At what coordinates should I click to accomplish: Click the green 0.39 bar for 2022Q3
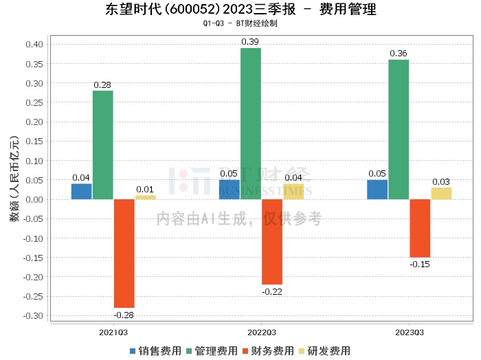click(x=251, y=124)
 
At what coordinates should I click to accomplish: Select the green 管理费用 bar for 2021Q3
click(x=103, y=145)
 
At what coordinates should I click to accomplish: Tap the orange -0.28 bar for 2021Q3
click(x=124, y=254)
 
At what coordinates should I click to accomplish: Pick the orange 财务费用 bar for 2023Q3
click(x=420, y=228)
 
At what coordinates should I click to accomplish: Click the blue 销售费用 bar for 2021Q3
click(x=82, y=192)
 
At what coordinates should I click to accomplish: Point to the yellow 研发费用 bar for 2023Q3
click(x=441, y=194)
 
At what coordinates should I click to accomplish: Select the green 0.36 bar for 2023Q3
click(x=399, y=129)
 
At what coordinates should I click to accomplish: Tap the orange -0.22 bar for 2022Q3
click(x=272, y=242)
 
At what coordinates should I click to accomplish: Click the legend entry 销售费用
click(x=155, y=351)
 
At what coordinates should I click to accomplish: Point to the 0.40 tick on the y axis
click(x=34, y=45)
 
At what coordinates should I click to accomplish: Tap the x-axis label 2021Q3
click(x=113, y=331)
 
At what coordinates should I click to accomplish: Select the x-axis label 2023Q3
click(x=409, y=331)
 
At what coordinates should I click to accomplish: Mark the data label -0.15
click(x=420, y=264)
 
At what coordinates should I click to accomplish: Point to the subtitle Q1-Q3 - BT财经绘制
click(x=240, y=24)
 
